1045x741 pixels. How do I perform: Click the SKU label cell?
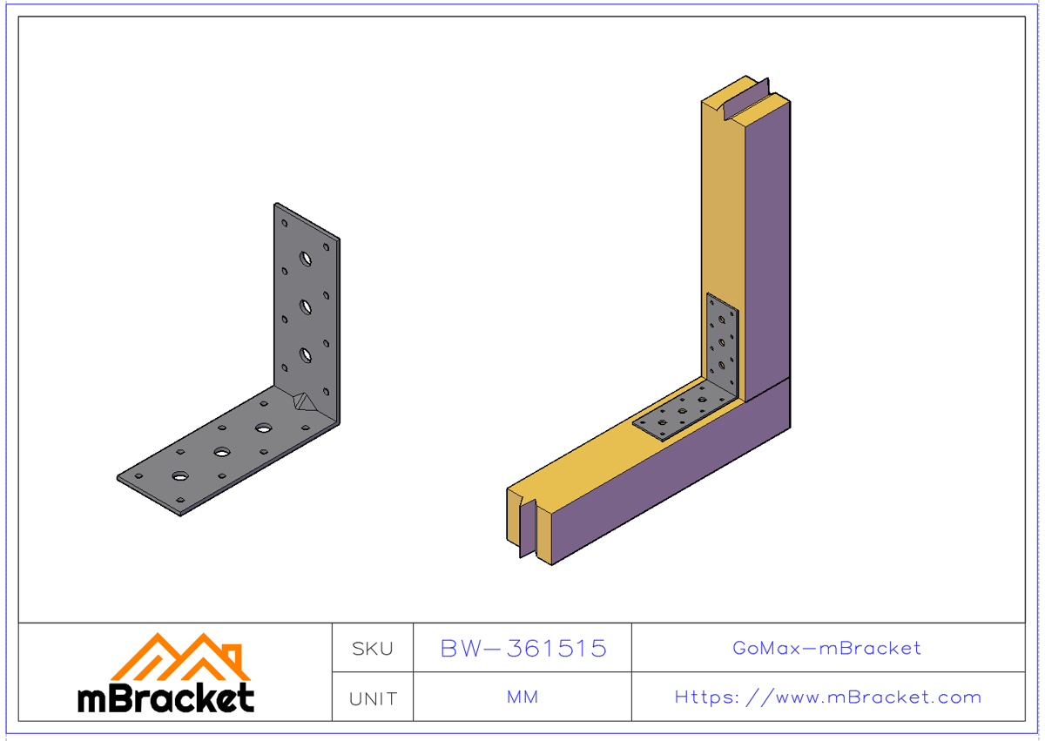coord(373,649)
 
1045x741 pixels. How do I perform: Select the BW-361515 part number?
coord(522,649)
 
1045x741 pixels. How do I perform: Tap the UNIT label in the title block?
coord(373,698)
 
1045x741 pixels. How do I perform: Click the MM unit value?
coord(522,697)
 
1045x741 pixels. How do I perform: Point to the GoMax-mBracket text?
coord(826,649)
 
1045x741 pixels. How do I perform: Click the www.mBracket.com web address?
coord(827,697)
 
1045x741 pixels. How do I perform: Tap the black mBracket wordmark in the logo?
coord(165,698)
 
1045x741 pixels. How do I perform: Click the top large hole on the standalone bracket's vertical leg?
coord(306,259)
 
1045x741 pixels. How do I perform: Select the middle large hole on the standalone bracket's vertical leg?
coord(306,307)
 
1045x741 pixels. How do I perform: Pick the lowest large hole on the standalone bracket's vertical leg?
coord(306,354)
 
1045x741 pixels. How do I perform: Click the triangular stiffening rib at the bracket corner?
coord(303,401)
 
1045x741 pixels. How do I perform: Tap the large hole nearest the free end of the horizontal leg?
coord(180,476)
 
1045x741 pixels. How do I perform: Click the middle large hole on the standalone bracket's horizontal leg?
coord(222,453)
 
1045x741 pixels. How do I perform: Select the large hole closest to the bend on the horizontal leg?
coord(263,428)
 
